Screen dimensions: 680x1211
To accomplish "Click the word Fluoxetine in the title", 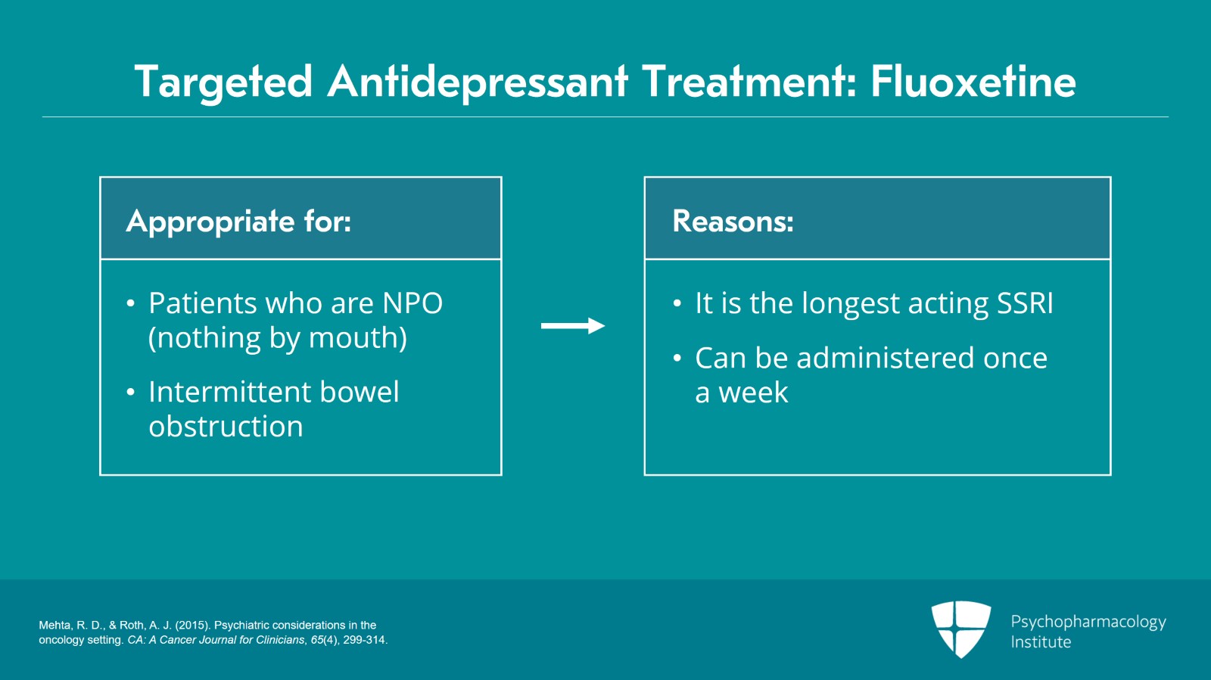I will coord(973,82).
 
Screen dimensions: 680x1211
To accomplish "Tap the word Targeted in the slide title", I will coord(223,82).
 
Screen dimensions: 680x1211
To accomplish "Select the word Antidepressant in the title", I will coord(478,82).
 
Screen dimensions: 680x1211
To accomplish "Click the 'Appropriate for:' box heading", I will coord(238,221).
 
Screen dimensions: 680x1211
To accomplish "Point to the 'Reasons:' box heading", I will coord(733,221).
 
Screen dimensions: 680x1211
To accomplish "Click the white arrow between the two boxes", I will coord(573,326).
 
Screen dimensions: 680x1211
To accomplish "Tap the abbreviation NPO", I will coord(412,303).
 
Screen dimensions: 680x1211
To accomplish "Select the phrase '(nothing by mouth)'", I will coord(278,338).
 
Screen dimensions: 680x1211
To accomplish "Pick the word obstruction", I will coord(226,427).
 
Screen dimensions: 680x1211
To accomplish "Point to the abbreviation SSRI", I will coord(1025,303).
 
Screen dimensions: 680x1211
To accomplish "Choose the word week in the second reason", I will coord(753,393).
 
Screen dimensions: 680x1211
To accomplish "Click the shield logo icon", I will coord(960,629).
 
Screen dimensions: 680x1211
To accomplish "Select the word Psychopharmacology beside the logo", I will coord(1088,622).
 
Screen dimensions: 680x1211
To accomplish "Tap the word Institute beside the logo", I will coord(1041,642).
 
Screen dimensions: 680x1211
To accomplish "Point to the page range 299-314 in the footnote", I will coord(365,640).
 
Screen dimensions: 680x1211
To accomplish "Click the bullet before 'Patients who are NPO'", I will coord(131,304).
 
